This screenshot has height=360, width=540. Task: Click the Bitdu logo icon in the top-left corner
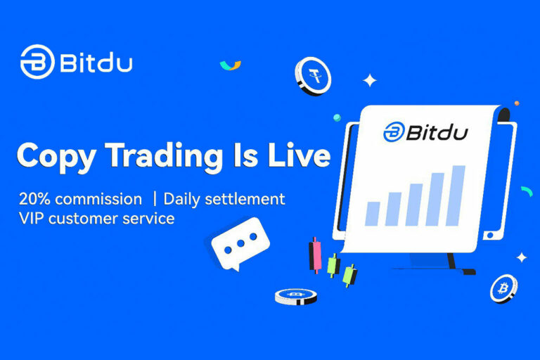37,63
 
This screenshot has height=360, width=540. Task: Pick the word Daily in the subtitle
184,199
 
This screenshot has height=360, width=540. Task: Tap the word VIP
32,219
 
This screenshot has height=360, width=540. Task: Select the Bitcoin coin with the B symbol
503,288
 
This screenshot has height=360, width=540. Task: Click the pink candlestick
315,253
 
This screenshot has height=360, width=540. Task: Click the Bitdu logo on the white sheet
426,131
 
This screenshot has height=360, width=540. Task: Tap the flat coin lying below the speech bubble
295,295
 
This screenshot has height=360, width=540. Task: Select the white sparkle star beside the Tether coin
369,81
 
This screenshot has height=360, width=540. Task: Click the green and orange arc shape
230,65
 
